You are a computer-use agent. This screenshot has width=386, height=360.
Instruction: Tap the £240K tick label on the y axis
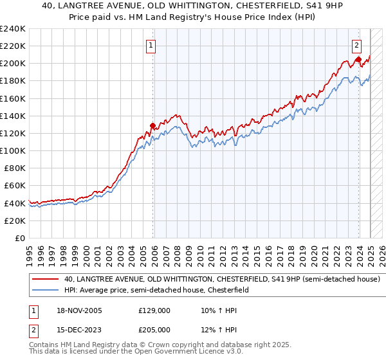[x=13, y=29]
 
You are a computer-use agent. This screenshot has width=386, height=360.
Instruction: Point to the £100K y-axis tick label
[x=13, y=150]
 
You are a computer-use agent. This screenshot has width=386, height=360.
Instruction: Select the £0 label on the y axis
[x=20, y=238]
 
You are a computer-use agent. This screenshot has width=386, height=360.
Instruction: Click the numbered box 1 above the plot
[x=151, y=46]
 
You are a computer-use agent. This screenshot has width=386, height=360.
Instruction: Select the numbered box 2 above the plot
[x=356, y=46]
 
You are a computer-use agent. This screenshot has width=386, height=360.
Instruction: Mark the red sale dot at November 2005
[x=153, y=125]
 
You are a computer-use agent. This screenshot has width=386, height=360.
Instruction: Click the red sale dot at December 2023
[x=358, y=59]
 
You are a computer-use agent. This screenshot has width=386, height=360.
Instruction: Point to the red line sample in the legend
[x=46, y=280]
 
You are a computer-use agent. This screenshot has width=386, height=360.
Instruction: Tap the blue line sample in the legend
[x=46, y=290]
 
